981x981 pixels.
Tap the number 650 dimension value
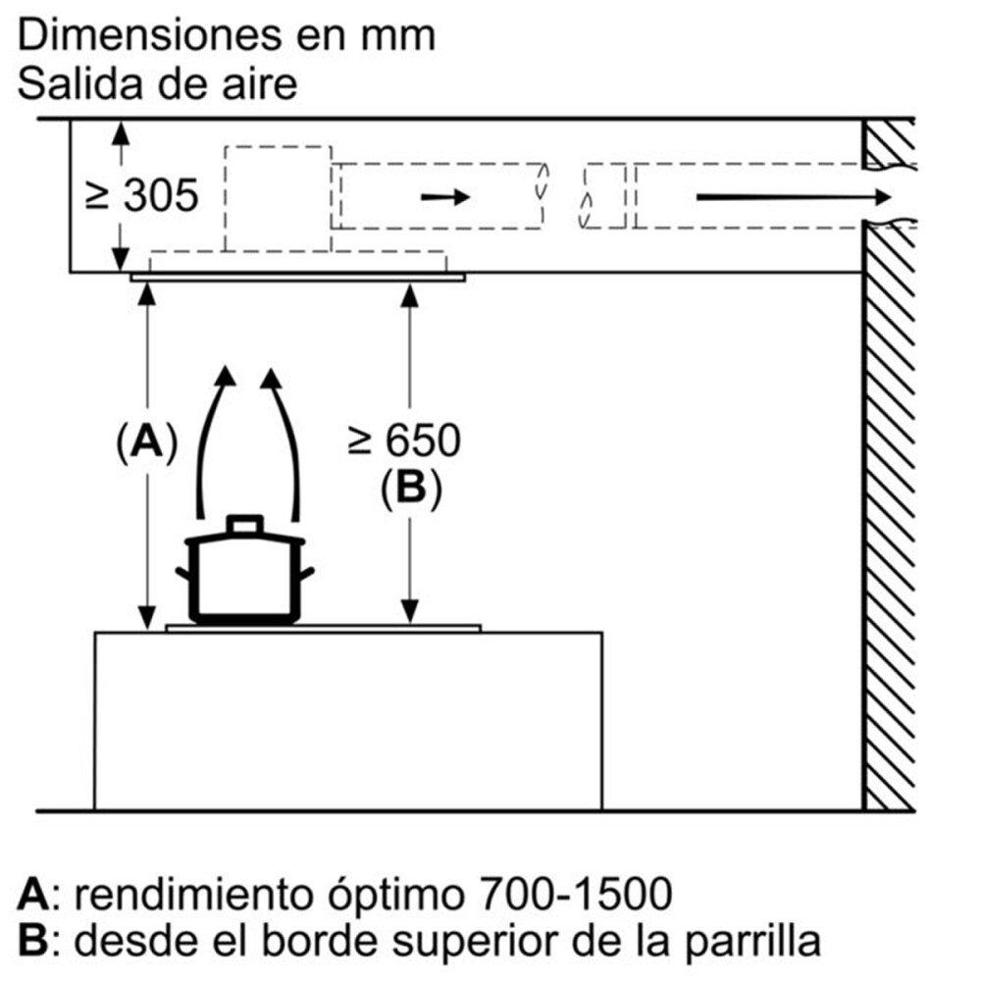pyautogui.click(x=421, y=441)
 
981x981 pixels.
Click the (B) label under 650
pyautogui.click(x=410, y=488)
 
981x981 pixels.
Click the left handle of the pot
pyautogui.click(x=183, y=575)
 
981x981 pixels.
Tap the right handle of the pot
pyautogui.click(x=306, y=573)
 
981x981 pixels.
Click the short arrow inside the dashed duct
pyautogui.click(x=444, y=197)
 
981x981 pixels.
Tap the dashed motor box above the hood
pyautogui.click(x=278, y=198)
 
